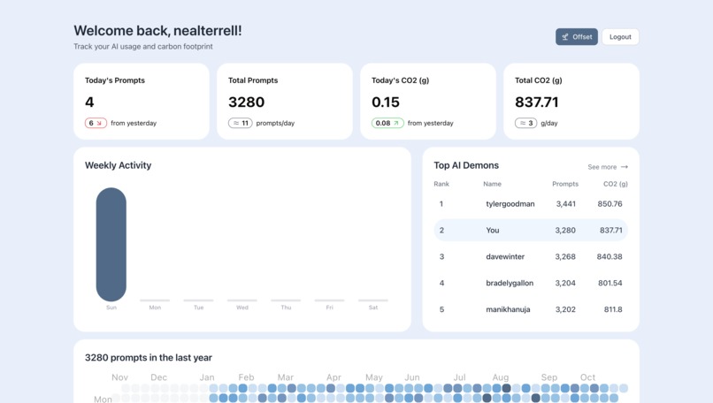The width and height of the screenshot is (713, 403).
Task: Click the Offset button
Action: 577,37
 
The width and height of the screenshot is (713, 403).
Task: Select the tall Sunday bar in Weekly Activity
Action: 111,244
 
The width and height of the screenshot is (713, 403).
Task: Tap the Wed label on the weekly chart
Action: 242,308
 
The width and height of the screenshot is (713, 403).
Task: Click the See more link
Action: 608,167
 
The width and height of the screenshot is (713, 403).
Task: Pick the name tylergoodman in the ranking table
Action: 510,204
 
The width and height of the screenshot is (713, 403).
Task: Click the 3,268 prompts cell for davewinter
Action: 565,257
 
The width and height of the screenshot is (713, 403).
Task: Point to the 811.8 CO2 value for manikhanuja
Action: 612,310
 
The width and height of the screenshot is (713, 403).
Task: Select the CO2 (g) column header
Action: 616,184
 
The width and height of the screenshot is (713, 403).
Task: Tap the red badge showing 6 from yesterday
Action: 96,123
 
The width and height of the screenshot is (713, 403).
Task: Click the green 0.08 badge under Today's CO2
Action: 387,123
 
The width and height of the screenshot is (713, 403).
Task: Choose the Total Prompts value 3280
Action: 246,102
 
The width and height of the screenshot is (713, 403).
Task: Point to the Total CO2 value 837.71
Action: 537,102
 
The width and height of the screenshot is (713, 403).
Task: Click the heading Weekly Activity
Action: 118,165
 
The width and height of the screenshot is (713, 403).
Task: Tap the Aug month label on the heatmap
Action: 501,377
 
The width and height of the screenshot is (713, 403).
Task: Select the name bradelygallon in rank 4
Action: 510,284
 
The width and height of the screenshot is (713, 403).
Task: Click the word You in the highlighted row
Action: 493,231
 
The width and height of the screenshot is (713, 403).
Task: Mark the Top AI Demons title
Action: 466,165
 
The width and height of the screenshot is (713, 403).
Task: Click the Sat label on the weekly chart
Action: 373,308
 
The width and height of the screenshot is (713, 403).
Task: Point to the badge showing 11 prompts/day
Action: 241,123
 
